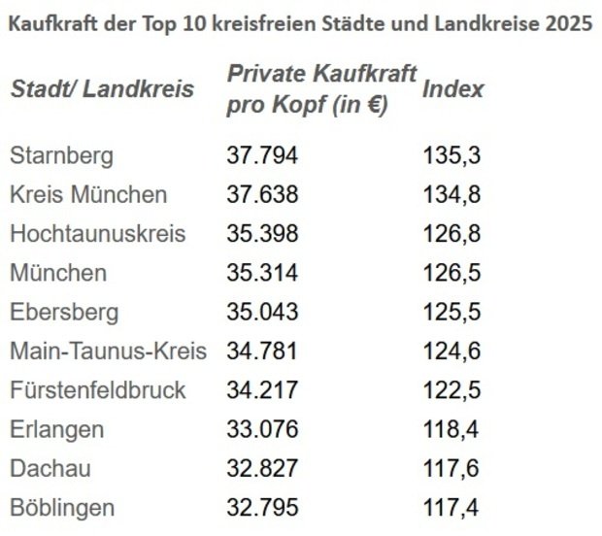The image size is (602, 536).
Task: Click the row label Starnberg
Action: point(61,155)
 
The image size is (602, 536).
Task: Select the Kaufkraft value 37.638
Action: point(262,194)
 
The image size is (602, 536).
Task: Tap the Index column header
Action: point(453,89)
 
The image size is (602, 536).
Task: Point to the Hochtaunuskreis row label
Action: point(97,234)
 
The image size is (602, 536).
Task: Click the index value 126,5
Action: point(452,273)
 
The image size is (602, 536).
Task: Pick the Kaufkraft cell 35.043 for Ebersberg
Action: point(262,312)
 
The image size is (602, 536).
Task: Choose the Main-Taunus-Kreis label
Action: point(107,351)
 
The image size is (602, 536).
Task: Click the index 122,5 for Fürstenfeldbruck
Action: point(452,390)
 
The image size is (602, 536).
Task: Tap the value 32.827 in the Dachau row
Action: point(262,468)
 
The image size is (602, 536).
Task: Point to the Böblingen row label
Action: point(62,507)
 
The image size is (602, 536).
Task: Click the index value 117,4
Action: point(452,507)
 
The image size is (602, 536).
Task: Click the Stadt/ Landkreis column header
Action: point(102,89)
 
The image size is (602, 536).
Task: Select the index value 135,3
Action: point(452,155)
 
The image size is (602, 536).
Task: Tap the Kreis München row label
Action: point(88,194)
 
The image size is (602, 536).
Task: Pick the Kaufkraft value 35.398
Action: point(262,234)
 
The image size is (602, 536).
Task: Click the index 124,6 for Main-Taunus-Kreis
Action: point(452,351)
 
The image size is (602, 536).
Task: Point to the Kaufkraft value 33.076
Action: point(262,429)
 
